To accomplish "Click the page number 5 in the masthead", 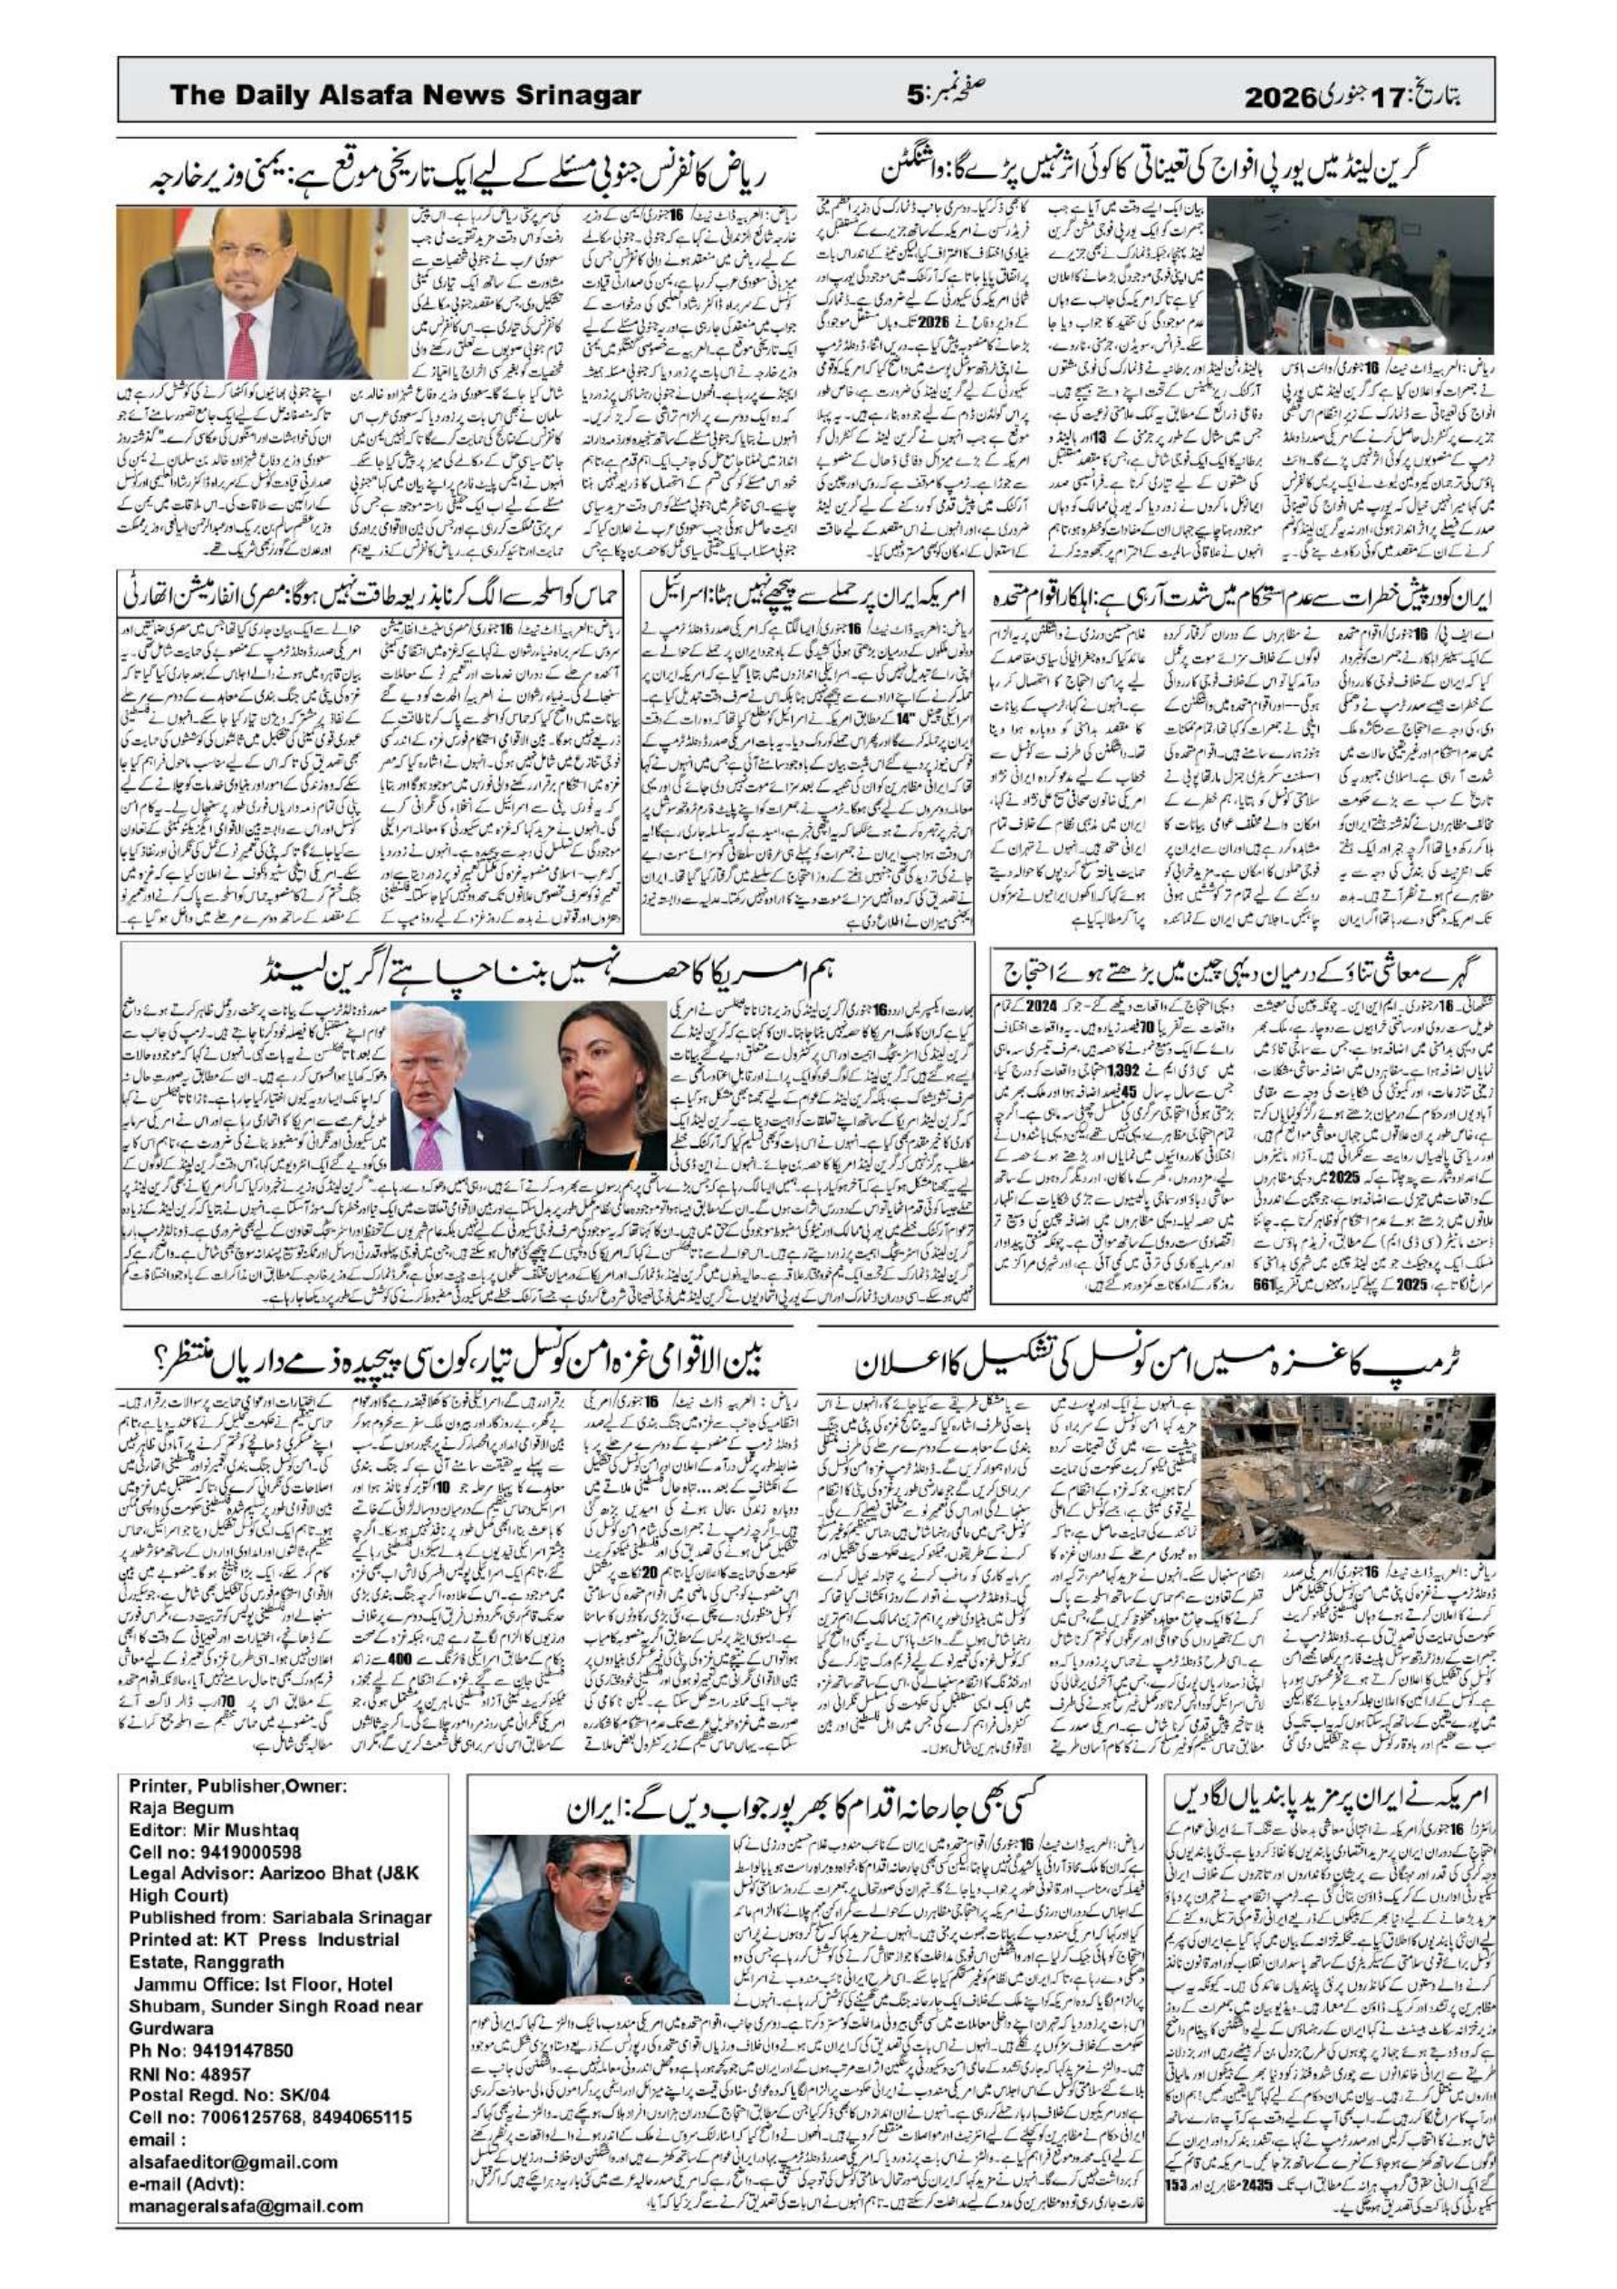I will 915,97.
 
